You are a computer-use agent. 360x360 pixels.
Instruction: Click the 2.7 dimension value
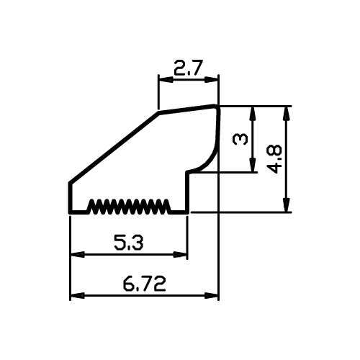(188, 68)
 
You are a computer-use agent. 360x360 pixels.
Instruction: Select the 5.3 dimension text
(129, 243)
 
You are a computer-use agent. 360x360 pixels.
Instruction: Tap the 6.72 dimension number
(144, 284)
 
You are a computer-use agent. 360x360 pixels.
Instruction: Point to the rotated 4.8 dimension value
(274, 159)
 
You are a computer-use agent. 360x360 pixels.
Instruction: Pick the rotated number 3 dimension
(240, 139)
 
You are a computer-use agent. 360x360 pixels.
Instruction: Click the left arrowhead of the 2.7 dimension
(166, 80)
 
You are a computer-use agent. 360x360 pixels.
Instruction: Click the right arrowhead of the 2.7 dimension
(211, 80)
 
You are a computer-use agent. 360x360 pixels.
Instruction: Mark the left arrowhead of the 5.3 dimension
(77, 254)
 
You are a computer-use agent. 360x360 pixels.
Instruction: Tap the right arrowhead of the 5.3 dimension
(180, 254)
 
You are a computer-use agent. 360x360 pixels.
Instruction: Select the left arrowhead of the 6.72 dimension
(77, 295)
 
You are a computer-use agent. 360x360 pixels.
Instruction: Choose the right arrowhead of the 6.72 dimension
(211, 295)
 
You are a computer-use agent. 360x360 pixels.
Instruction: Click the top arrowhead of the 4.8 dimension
(286, 113)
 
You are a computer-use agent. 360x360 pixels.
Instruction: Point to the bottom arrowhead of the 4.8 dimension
(286, 204)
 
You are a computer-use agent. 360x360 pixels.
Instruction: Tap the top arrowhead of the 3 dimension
(252, 113)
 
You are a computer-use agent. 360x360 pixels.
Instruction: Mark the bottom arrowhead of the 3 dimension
(252, 165)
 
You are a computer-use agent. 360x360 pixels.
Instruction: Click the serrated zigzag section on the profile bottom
(130, 207)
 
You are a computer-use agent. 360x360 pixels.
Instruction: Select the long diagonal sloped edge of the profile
(114, 148)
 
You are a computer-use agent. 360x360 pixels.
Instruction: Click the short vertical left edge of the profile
(71, 197)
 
